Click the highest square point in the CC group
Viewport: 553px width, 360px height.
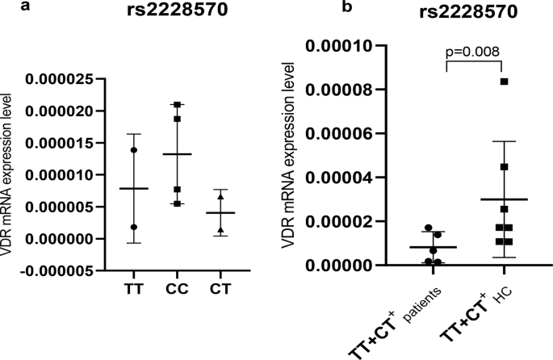[x=177, y=104]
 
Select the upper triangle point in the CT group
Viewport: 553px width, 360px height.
[x=221, y=196]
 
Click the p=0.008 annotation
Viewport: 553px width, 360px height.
[x=472, y=52]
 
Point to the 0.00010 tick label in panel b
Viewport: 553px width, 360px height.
[x=346, y=46]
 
